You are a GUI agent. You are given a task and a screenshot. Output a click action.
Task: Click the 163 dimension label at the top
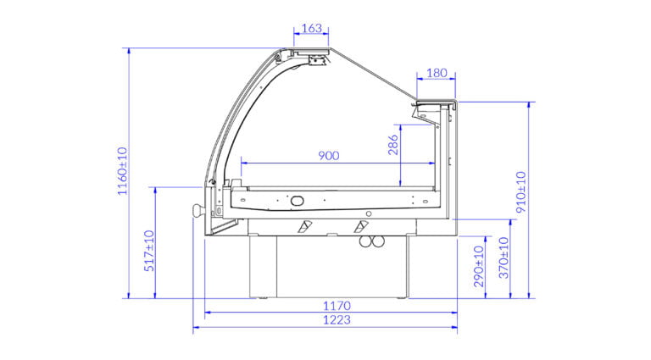311,28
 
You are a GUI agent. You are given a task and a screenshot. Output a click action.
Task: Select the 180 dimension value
437,73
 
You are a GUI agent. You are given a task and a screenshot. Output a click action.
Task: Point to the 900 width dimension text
328,156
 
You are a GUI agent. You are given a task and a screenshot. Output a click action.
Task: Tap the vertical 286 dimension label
393,145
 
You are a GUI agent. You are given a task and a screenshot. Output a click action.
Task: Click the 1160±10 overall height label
122,171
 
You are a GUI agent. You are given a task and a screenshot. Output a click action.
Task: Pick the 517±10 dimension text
149,251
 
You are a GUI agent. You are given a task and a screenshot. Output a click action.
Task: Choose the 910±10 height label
521,192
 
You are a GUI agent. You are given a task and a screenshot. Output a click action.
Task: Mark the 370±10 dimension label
504,258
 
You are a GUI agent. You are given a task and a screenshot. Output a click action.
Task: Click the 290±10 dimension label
479,266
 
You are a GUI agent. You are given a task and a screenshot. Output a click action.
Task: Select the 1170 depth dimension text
337,306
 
